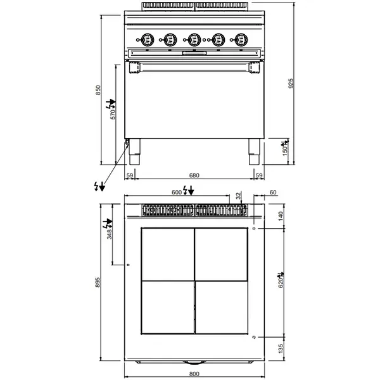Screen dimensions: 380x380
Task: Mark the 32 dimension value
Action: pos(239,196)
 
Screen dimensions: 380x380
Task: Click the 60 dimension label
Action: pos(273,193)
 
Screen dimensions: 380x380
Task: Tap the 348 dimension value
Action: pos(110,235)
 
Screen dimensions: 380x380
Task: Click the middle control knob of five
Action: pos(194,39)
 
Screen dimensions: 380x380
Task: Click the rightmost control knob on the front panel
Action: pos(241,39)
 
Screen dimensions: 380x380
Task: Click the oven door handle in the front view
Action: pos(194,65)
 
